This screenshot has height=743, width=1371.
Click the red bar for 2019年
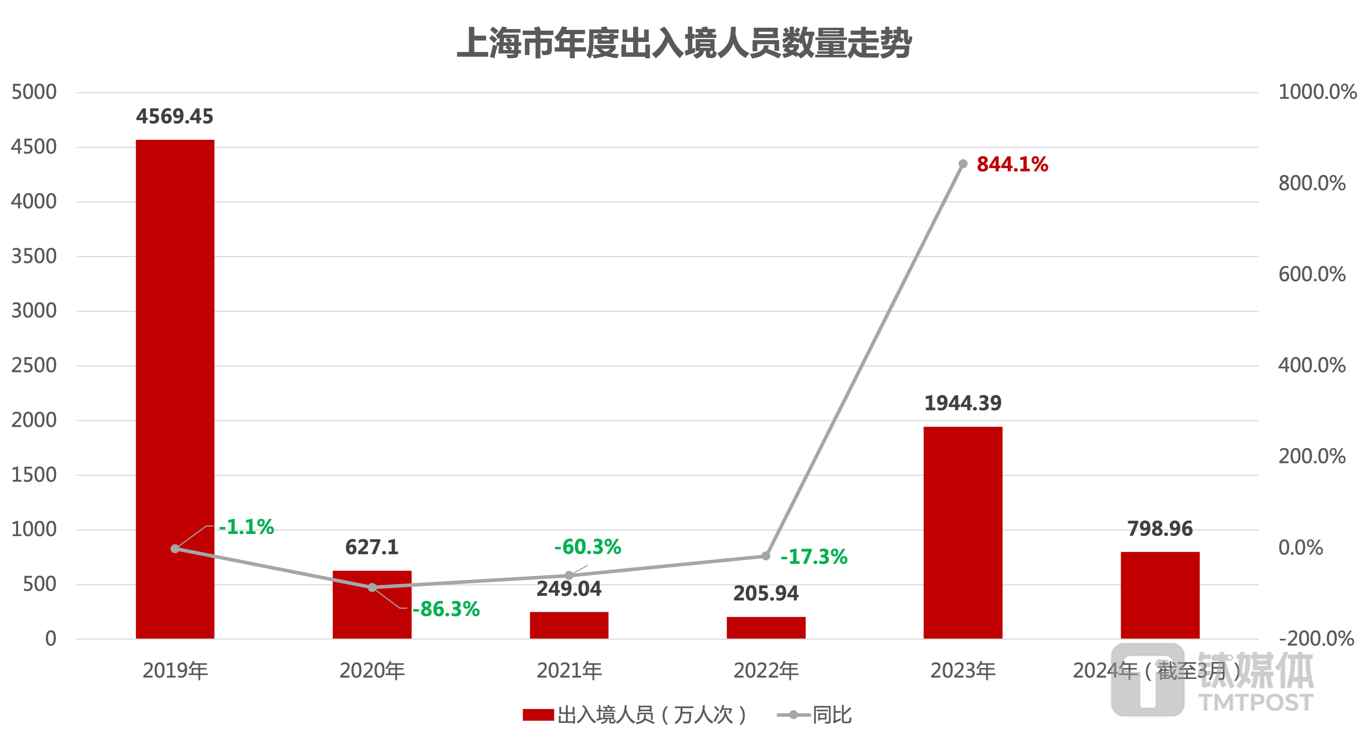(x=175, y=389)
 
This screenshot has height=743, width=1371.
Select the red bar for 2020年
(x=372, y=613)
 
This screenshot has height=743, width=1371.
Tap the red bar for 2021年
(x=569, y=625)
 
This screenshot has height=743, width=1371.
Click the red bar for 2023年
(x=963, y=533)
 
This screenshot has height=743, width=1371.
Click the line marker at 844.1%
(x=963, y=164)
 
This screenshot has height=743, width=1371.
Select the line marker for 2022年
(x=766, y=556)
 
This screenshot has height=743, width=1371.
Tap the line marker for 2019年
(x=175, y=549)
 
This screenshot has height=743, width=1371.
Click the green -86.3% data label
(x=446, y=609)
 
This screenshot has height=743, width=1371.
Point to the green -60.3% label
(x=588, y=546)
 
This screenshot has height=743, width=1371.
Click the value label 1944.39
(x=963, y=403)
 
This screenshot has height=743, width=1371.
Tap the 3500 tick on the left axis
(x=34, y=256)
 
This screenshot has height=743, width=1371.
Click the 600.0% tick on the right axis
(x=1312, y=274)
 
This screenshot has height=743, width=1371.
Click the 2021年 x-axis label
(x=569, y=670)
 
